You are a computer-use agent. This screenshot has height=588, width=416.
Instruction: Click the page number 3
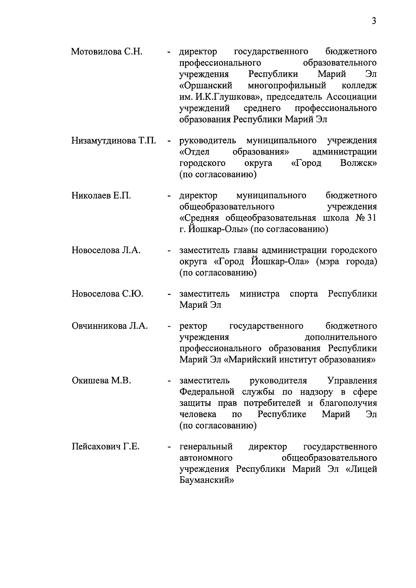374,21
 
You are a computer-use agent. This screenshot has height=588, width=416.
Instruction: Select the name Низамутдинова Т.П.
114,141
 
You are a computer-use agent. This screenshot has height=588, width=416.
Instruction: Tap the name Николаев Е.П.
101,196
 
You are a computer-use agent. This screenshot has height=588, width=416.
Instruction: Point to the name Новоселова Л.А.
106,251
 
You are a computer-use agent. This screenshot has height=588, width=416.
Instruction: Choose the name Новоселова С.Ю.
107,294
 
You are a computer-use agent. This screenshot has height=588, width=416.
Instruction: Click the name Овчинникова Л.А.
110,326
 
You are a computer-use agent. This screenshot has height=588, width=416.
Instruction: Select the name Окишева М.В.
101,381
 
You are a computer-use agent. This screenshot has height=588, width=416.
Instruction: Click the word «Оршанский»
206,85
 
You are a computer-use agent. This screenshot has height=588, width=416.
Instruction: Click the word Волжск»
358,163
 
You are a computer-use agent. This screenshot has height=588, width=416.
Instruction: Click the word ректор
193,326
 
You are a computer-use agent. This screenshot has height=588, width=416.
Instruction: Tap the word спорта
304,294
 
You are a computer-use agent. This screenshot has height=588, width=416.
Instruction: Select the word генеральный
206,447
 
